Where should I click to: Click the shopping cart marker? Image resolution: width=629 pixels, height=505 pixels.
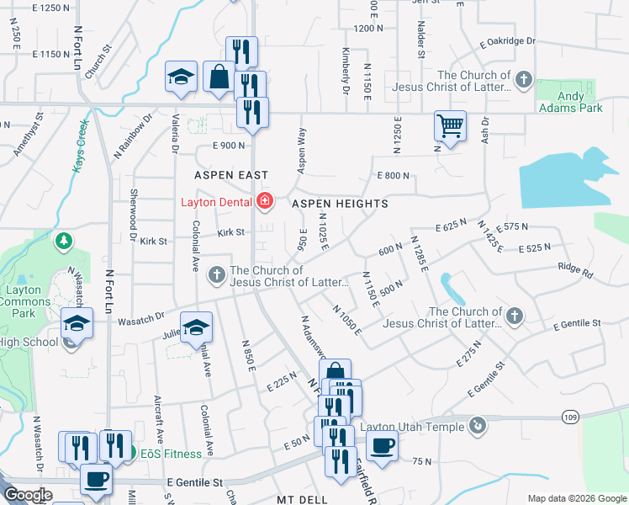pos(450,125)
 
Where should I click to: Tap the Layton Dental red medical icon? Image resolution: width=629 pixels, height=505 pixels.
pos(265,201)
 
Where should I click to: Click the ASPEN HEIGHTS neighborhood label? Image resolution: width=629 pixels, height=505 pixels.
pos(340,204)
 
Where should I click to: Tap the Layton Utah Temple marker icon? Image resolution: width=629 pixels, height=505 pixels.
pos(478,426)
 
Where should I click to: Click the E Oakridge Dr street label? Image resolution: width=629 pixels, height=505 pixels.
pos(508,41)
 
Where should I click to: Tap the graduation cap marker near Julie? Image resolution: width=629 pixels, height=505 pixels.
pos(197,327)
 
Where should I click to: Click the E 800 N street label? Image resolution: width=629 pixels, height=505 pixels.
pos(393,175)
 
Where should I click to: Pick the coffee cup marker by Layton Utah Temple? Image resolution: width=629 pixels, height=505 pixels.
pos(382,445)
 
